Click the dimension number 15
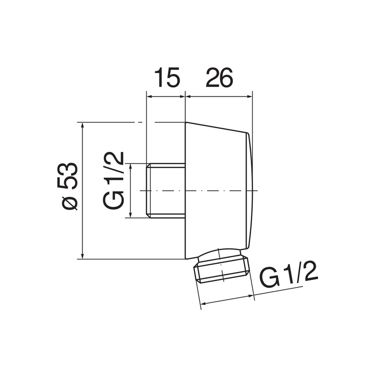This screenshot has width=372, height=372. [167, 77]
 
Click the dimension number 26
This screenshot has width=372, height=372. [219, 77]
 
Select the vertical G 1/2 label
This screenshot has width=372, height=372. [113, 180]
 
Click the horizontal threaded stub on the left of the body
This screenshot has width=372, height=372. [165, 190]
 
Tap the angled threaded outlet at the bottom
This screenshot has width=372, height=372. [221, 267]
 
